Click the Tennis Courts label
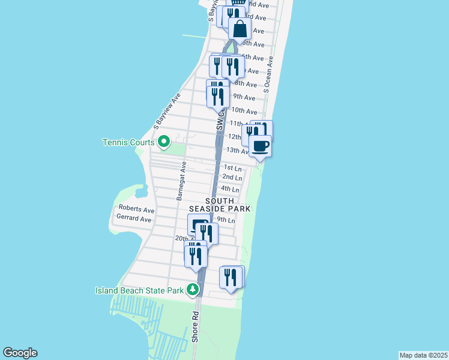click(x=129, y=142)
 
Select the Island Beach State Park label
click(x=139, y=290)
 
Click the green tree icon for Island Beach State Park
click(x=193, y=290)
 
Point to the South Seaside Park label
click(x=228, y=205)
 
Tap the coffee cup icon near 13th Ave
click(x=261, y=146)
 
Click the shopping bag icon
click(x=240, y=29)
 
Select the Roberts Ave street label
click(x=136, y=210)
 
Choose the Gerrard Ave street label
click(x=133, y=219)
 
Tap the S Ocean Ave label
click(x=269, y=74)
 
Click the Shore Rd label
click(x=195, y=326)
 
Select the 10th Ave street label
click(x=244, y=110)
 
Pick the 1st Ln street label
click(x=232, y=168)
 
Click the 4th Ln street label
click(x=231, y=189)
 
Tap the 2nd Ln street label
click(x=232, y=178)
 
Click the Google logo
click(x=20, y=353)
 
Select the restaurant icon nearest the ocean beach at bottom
click(x=232, y=277)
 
